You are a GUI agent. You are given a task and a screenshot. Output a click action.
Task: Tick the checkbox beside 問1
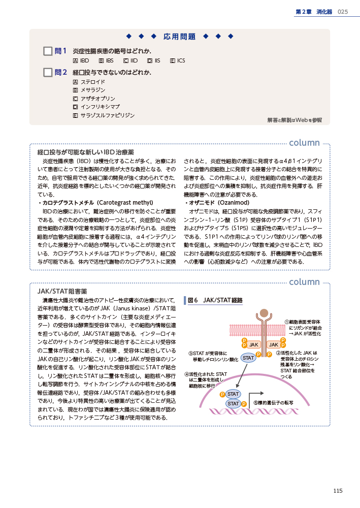[48, 51]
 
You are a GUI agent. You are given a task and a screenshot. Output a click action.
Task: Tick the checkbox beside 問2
[48, 73]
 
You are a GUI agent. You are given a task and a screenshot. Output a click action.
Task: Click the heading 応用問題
[179, 37]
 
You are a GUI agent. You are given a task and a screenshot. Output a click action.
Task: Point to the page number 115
[338, 490]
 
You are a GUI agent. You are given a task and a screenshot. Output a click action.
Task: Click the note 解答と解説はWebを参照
[294, 120]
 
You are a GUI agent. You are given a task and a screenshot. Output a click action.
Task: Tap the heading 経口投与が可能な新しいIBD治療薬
[85, 152]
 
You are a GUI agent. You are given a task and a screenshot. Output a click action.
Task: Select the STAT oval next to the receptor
[248, 358]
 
